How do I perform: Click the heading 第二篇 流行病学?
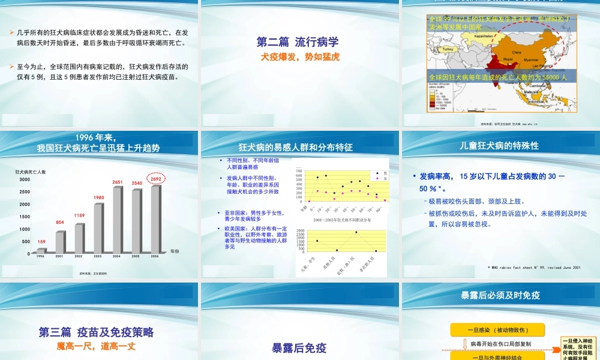pyautogui.click(x=298, y=43)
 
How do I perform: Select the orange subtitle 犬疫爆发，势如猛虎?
pyautogui.click(x=298, y=57)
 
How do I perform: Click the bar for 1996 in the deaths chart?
pyautogui.click(x=41, y=250)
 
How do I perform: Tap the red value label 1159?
pyautogui.click(x=79, y=215)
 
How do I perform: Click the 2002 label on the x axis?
pyautogui.click(x=79, y=256)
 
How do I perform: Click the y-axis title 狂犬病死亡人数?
pyautogui.click(x=31, y=172)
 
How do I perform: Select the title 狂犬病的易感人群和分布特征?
pyautogui.click(x=296, y=147)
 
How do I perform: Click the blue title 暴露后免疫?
pyautogui.click(x=299, y=347)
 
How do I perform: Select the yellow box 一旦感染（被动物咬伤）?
pyautogui.click(x=497, y=330)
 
